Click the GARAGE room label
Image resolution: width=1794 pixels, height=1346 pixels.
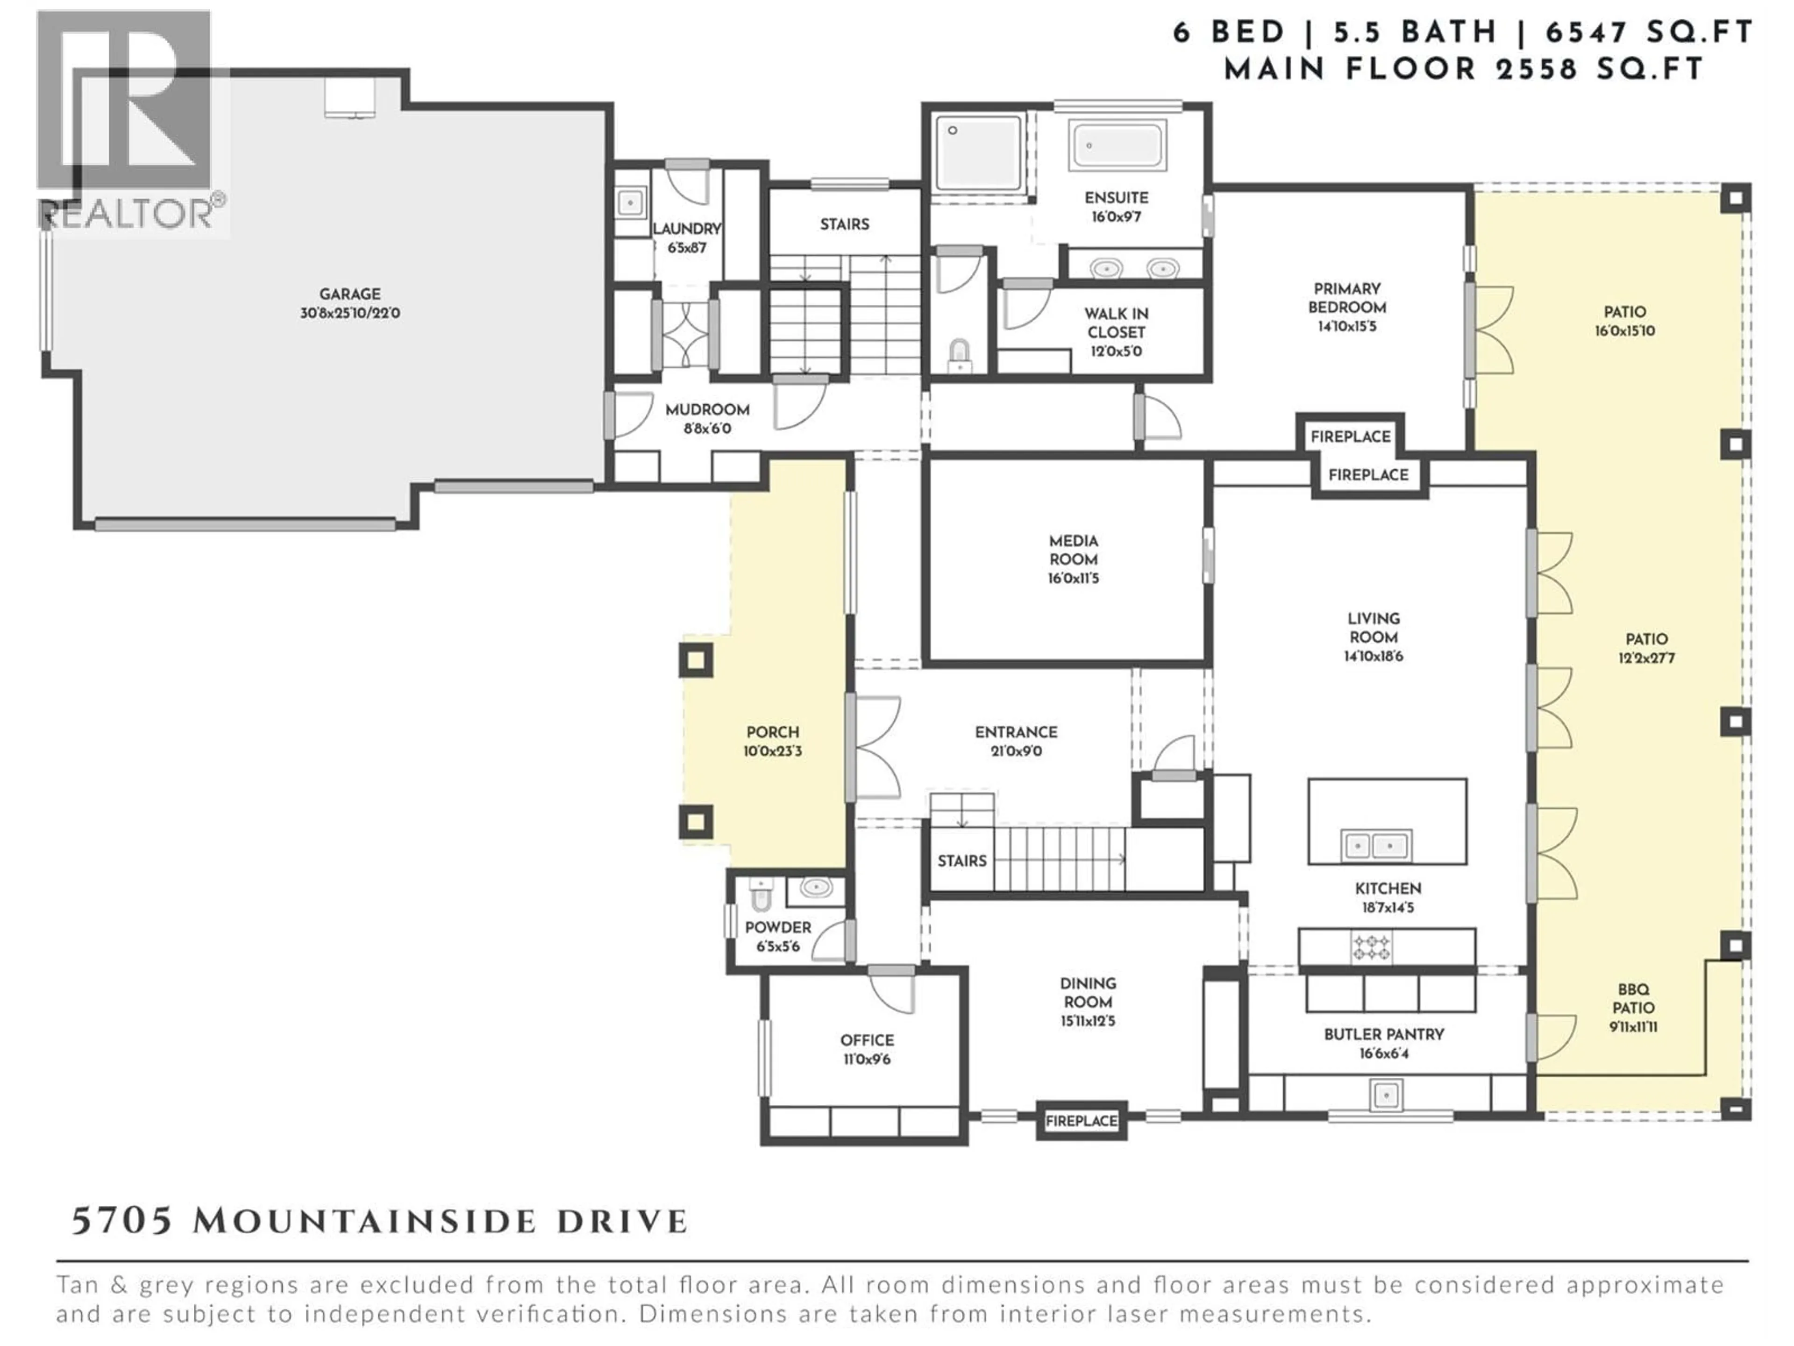pos(349,294)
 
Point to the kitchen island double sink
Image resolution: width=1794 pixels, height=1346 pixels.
pos(1375,845)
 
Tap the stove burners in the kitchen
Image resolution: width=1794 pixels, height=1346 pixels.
pos(1371,947)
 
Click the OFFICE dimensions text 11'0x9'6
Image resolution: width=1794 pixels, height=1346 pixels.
pos(867,1059)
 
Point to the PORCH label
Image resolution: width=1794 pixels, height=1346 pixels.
pos(773,732)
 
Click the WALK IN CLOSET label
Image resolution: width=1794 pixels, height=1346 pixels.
pos(1116,323)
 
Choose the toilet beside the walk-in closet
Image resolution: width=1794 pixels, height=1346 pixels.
pos(960,355)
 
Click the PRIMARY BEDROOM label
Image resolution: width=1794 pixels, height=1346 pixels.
pos(1347,298)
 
